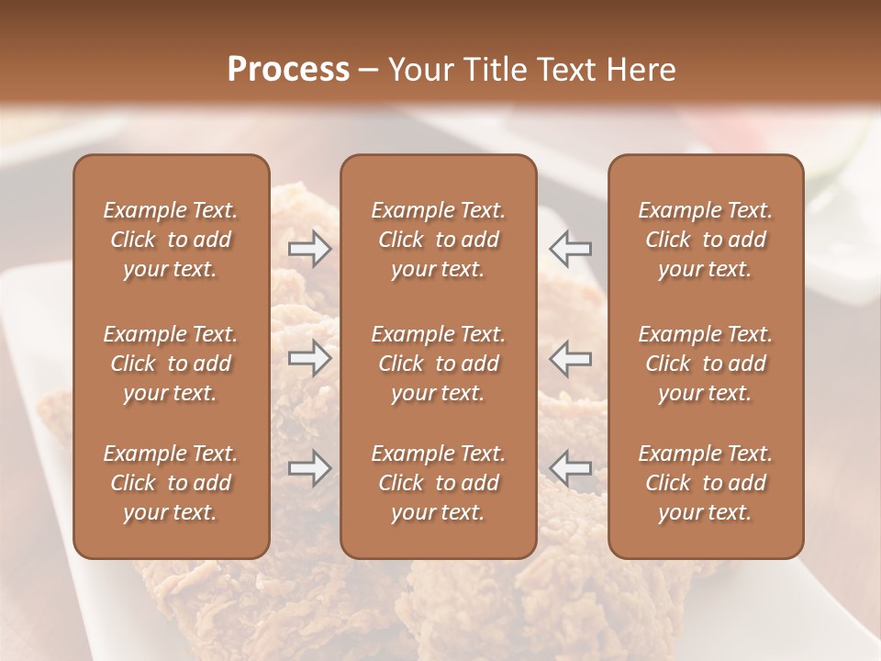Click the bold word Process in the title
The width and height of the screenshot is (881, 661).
click(288, 70)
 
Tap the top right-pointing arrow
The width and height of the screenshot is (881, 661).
click(309, 249)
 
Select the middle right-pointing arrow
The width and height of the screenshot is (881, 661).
click(309, 358)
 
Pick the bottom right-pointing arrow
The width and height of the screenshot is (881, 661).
click(309, 468)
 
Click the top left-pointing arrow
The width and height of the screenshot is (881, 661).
click(570, 248)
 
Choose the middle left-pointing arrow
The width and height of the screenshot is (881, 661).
click(570, 358)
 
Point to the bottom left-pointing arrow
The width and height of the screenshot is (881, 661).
click(570, 468)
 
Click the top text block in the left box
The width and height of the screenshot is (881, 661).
click(171, 240)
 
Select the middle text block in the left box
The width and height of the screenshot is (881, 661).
click(171, 364)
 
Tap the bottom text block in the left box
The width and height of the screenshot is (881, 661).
click(171, 483)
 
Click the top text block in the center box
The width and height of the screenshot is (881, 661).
click(439, 240)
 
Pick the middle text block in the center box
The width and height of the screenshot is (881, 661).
click(439, 364)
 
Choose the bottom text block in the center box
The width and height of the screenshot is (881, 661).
click(439, 483)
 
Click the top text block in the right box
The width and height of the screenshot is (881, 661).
click(706, 240)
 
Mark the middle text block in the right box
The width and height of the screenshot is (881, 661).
click(706, 364)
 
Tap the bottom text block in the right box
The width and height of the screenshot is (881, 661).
click(706, 483)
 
